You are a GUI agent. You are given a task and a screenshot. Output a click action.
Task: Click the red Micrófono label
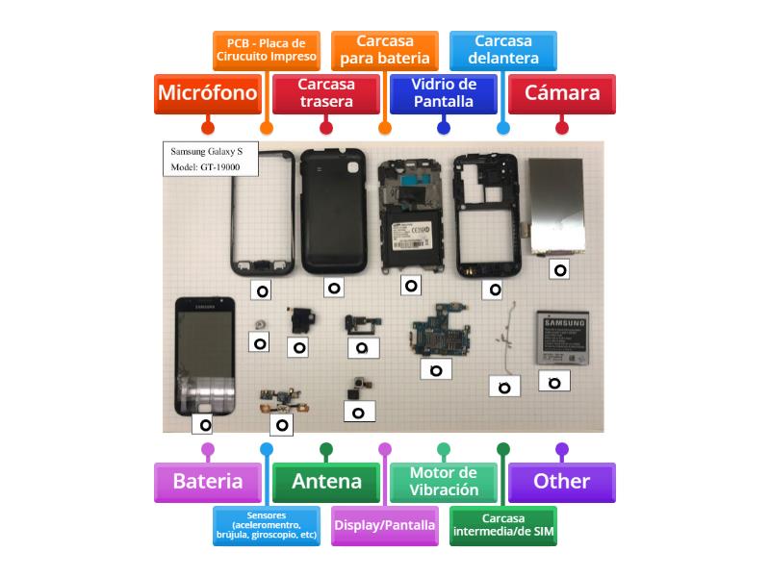coord(207,93)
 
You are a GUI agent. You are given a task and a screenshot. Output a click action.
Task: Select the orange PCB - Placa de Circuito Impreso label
coord(267,49)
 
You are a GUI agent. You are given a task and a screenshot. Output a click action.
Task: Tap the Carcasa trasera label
coord(326,93)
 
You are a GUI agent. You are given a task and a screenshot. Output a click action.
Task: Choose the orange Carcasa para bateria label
coord(385,49)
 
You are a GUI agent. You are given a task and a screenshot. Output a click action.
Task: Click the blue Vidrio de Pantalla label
coord(444,93)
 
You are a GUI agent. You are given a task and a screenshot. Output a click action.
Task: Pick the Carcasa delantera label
coord(503,49)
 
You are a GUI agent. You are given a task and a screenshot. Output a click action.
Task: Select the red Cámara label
coord(562,93)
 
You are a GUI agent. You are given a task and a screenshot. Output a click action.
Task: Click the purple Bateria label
coord(207,482)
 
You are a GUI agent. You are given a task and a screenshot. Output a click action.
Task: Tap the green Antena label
coord(326,482)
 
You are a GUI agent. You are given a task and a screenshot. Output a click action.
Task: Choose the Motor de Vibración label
coord(444,482)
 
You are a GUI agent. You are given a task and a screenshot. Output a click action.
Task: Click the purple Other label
coord(562,482)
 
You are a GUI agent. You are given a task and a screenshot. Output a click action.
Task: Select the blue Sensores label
coord(267,526)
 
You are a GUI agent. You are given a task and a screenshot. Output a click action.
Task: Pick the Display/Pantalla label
coord(385,526)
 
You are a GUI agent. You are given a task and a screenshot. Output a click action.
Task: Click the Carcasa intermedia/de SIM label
coord(503,526)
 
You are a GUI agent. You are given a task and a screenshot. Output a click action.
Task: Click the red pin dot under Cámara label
coord(562,127)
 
